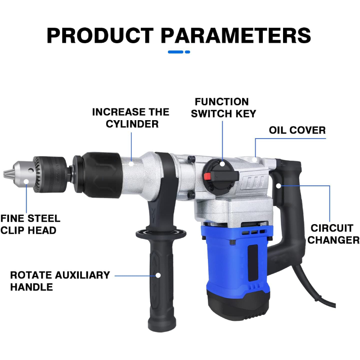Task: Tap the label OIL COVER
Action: tap(297, 130)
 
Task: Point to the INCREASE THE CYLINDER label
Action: tap(131, 117)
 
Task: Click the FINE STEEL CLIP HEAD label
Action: tap(30, 225)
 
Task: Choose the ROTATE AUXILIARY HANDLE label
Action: tap(60, 281)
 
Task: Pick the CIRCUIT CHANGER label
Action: tap(333, 234)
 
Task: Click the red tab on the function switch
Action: tap(207, 176)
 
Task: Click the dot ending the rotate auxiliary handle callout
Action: tap(158, 275)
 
